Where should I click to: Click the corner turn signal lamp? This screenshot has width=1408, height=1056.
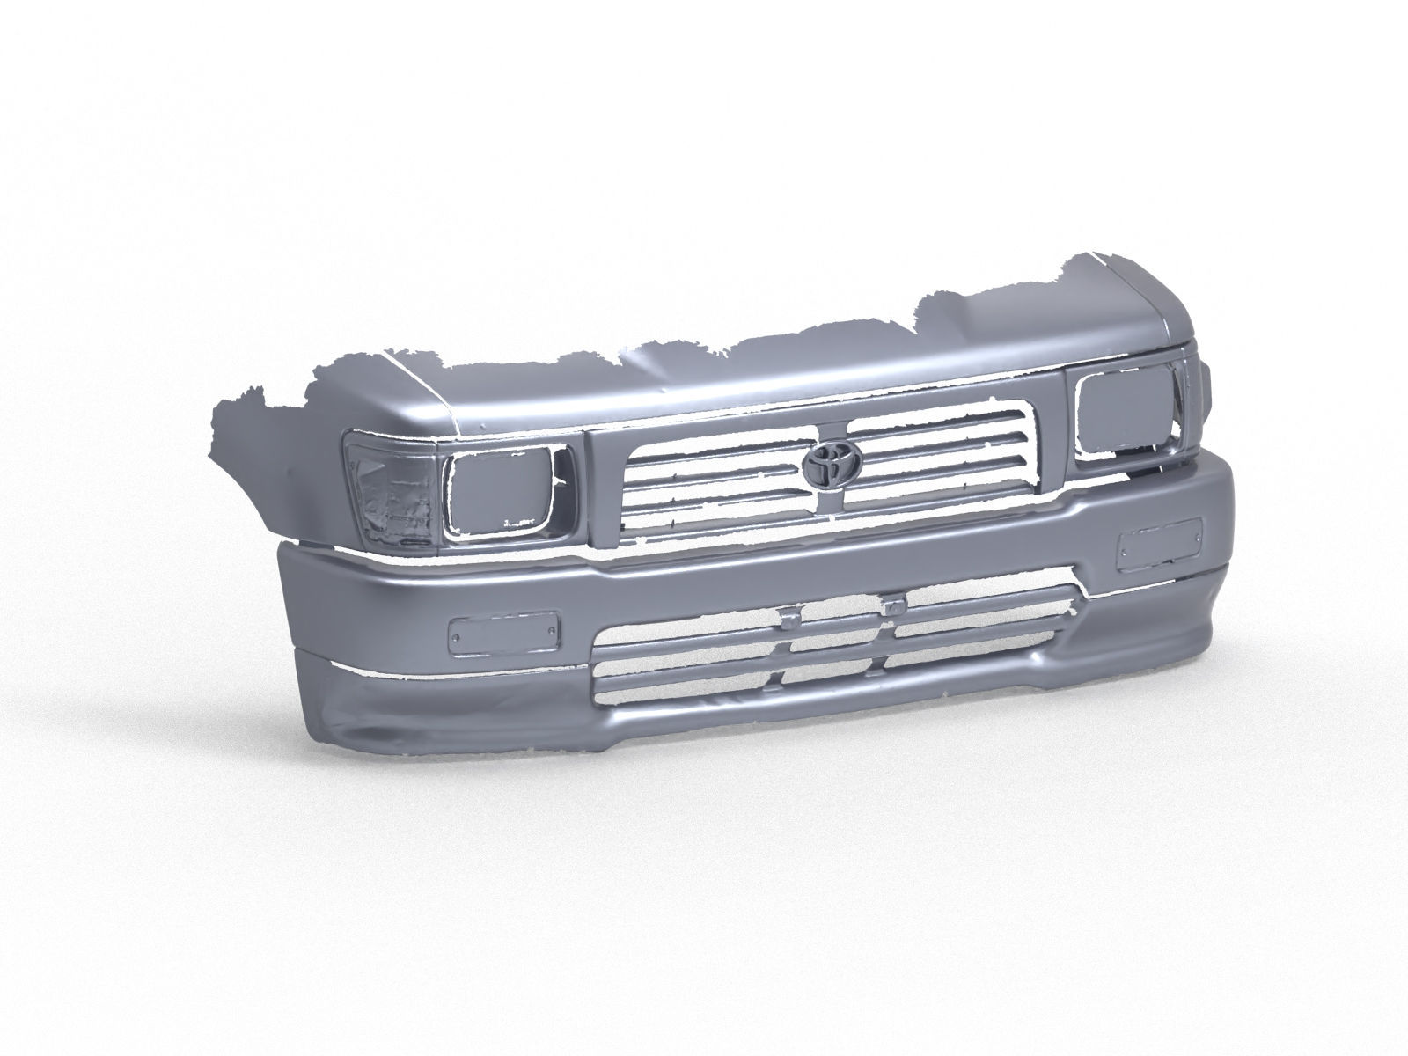click(392, 493)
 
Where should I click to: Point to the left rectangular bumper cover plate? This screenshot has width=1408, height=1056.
click(502, 633)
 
